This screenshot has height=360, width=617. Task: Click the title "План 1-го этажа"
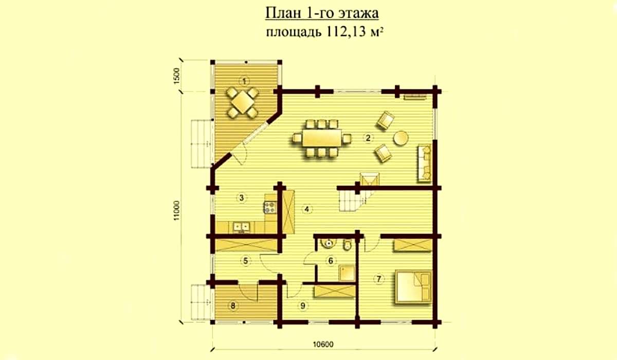click(322, 13)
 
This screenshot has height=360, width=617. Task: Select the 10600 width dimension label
click(323, 344)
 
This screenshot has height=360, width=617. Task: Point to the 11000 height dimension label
click(176, 210)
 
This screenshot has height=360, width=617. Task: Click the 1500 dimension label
click(176, 76)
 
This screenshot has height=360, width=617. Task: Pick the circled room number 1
click(244, 81)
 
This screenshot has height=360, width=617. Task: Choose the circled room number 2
click(368, 138)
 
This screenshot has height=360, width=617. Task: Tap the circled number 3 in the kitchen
click(242, 197)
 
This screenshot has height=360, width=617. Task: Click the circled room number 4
click(307, 209)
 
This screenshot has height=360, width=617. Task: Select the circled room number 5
click(245, 261)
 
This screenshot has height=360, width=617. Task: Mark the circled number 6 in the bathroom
click(331, 261)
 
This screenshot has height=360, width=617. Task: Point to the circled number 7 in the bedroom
click(379, 279)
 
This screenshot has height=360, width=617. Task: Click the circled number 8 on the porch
click(233, 305)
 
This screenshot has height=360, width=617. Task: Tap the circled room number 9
click(303, 305)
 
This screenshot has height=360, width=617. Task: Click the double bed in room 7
click(413, 287)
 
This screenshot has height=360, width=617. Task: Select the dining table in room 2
click(322, 138)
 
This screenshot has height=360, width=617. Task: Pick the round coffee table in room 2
click(401, 138)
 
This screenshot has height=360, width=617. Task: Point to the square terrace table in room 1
click(242, 102)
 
